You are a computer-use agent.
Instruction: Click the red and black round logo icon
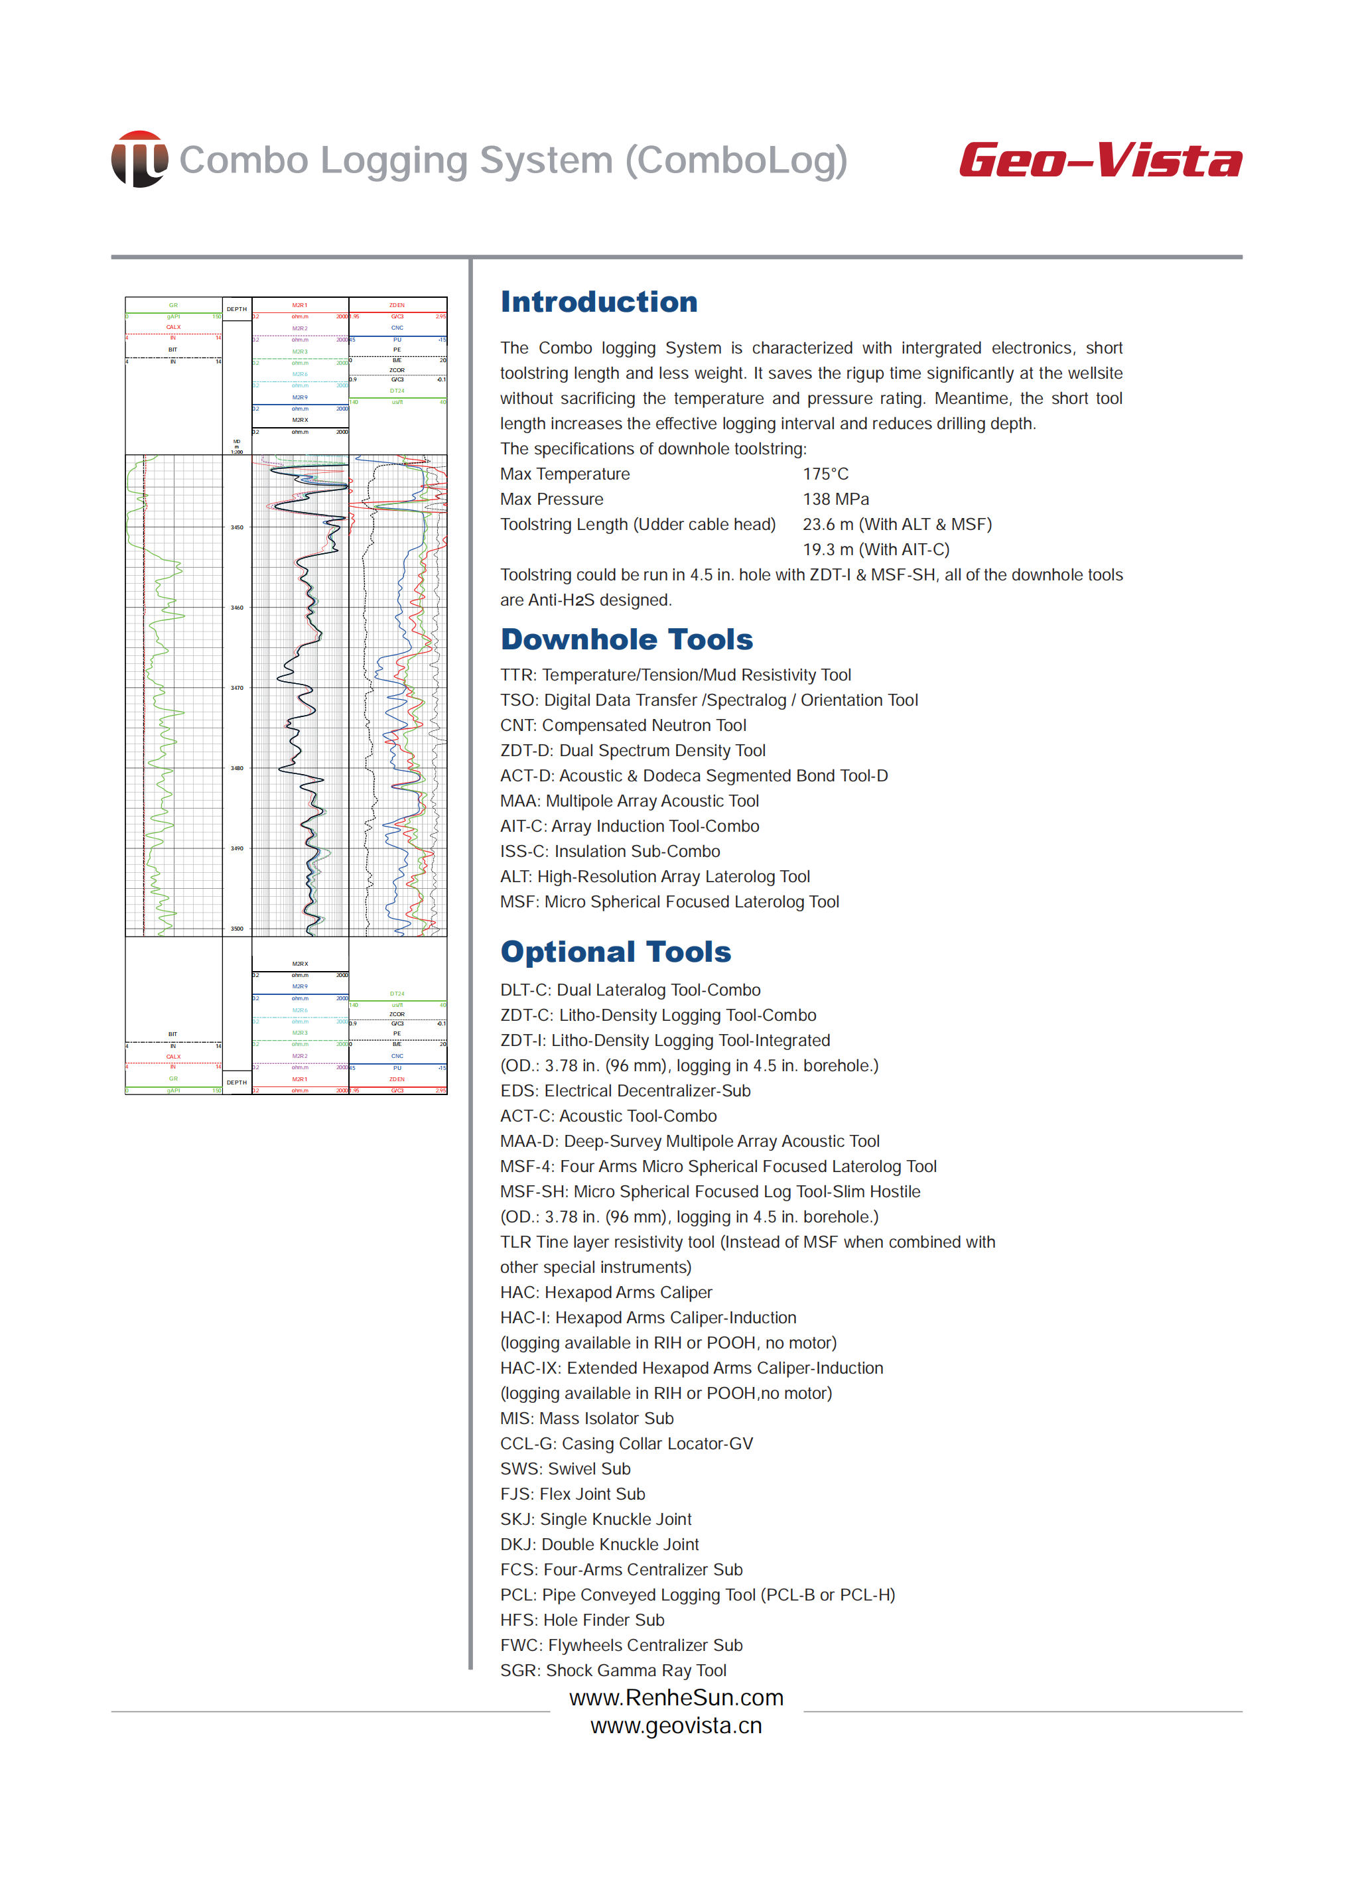[x=139, y=159]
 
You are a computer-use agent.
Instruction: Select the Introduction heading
[x=598, y=302]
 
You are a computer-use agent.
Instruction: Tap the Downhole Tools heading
[x=626, y=639]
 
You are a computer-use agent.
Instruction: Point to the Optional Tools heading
[x=615, y=952]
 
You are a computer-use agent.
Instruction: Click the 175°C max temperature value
[x=825, y=474]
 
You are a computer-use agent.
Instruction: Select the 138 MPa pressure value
[x=835, y=499]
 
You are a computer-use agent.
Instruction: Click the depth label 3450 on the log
[x=237, y=528]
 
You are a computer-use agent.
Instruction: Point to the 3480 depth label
[x=237, y=768]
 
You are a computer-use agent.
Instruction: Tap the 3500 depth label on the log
[x=237, y=929]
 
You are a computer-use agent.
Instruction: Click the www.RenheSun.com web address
[x=676, y=1697]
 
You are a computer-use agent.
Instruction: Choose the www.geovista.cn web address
[x=676, y=1726]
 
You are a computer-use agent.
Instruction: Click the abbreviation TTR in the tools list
[x=517, y=675]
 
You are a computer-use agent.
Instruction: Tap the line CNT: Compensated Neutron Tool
[x=623, y=725]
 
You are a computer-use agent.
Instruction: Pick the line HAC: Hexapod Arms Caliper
[x=606, y=1292]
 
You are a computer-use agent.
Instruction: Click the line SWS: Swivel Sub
[x=565, y=1469]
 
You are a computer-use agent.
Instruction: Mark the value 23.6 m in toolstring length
[x=827, y=525]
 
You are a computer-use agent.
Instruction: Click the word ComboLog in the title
[x=736, y=161]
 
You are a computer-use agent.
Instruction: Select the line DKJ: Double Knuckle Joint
[x=600, y=1545]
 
